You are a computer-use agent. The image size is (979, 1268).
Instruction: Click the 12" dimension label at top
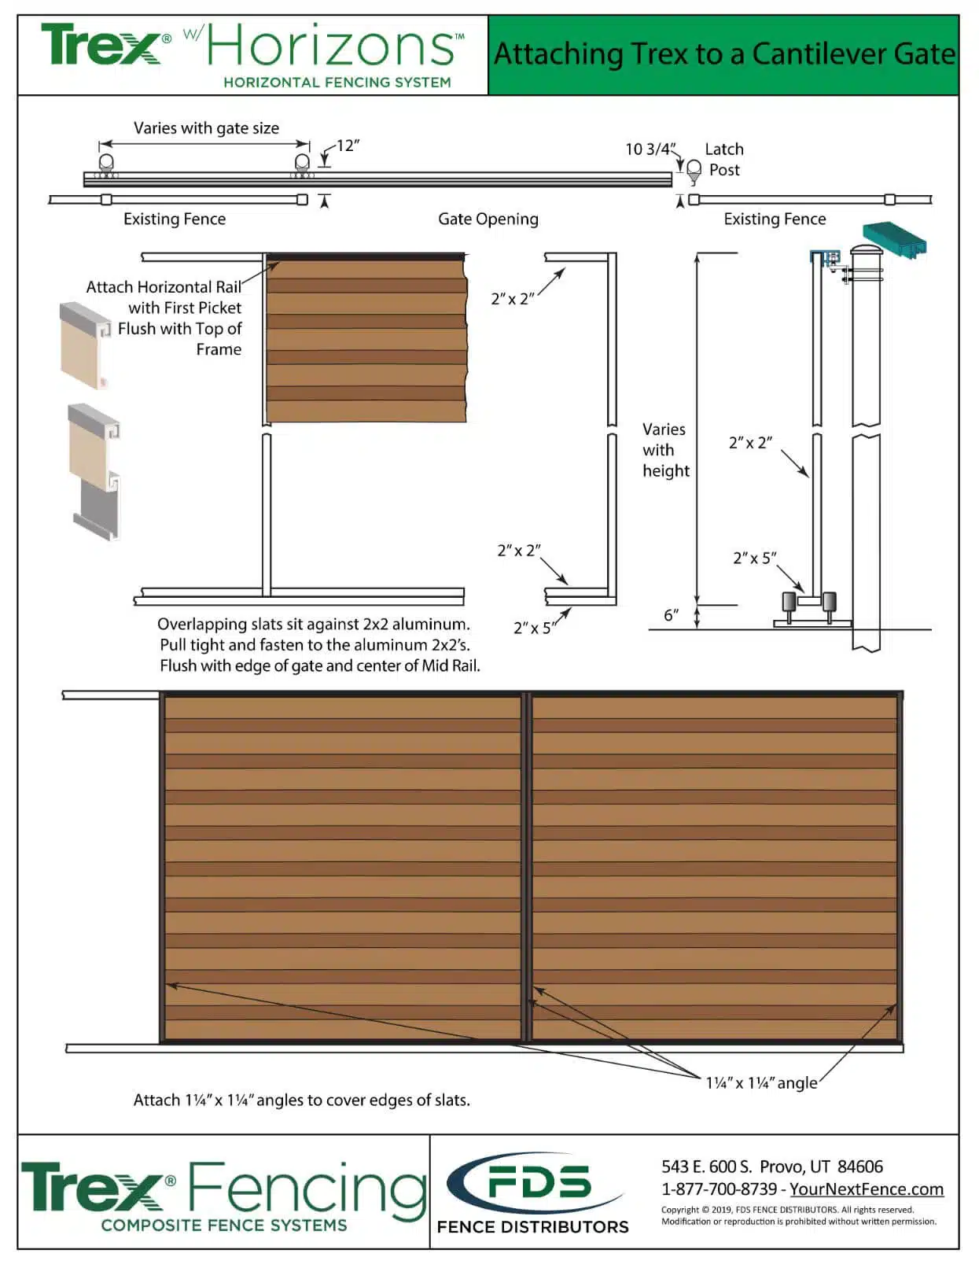348,146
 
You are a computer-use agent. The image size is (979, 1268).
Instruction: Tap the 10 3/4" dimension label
650,149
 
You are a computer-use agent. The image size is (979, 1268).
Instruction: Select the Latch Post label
724,160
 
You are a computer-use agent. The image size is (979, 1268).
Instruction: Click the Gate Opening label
488,219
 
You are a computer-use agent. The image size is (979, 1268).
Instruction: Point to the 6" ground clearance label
671,615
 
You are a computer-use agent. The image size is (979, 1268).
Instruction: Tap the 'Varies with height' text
665,450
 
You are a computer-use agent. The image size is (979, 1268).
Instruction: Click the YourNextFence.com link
867,1189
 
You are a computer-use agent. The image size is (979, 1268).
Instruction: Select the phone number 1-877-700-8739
719,1189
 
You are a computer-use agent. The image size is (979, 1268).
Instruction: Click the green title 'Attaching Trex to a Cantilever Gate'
723,54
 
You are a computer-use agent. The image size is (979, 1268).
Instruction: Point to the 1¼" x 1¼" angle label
761,1083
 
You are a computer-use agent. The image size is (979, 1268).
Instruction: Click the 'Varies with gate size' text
206,128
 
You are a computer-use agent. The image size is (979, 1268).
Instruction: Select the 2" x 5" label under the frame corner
534,628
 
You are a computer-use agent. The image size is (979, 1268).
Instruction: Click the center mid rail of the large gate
527,865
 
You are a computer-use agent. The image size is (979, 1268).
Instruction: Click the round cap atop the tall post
866,251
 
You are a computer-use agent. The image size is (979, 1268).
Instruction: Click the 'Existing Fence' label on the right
775,219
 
